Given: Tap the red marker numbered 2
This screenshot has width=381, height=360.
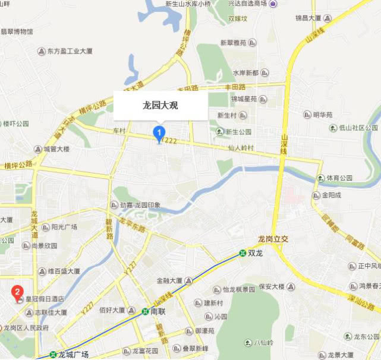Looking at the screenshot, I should click(x=18, y=292).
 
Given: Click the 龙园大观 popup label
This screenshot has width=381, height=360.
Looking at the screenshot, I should click(x=160, y=106).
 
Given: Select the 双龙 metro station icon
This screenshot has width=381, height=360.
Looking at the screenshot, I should click(x=243, y=252).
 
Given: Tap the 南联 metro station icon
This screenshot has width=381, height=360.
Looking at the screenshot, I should click(x=145, y=311).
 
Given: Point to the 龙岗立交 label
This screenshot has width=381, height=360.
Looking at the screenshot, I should click(x=272, y=239).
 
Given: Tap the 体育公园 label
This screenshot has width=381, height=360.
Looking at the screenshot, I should click(x=339, y=178).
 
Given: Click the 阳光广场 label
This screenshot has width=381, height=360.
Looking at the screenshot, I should click(x=64, y=227).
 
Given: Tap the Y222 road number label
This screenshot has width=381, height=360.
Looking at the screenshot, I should click(x=170, y=140).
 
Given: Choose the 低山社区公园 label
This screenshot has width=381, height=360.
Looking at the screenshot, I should click(x=358, y=128).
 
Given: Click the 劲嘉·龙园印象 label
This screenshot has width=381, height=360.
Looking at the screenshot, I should click(x=140, y=206).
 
